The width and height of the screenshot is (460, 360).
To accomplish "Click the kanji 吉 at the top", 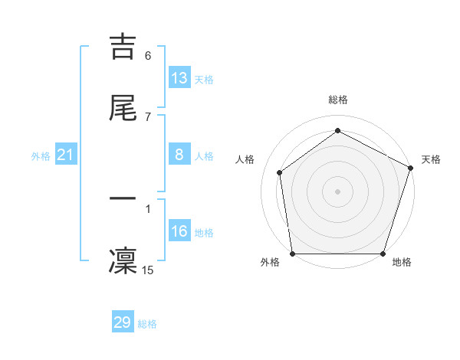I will click(x=123, y=47).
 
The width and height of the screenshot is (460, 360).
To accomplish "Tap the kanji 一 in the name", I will click(x=123, y=198).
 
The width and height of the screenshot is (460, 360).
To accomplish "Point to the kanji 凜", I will click(x=123, y=260).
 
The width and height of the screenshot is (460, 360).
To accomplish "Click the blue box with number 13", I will click(x=179, y=78).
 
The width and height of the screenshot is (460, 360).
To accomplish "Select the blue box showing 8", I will click(x=179, y=155).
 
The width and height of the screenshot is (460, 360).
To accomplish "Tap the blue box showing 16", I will click(x=179, y=231).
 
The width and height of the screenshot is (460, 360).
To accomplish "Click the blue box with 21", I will click(x=66, y=155).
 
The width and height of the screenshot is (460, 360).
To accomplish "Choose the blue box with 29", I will click(x=123, y=322).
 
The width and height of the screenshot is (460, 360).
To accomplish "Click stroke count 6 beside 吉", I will click(x=148, y=56).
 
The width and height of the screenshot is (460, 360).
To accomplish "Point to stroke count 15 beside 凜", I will click(x=148, y=270).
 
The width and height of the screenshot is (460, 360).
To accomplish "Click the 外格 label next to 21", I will click(x=41, y=156).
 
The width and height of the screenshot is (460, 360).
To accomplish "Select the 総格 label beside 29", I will click(x=147, y=324).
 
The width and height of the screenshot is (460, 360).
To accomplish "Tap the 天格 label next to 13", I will click(x=204, y=80).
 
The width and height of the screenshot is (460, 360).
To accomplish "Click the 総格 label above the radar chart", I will click(x=337, y=100).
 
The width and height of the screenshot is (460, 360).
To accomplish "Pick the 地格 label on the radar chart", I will click(x=402, y=262).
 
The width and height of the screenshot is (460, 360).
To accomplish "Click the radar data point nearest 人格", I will click(x=280, y=172).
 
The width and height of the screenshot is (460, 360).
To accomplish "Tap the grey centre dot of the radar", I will click(x=337, y=191).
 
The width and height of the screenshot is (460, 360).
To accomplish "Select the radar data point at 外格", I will click(x=292, y=254).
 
